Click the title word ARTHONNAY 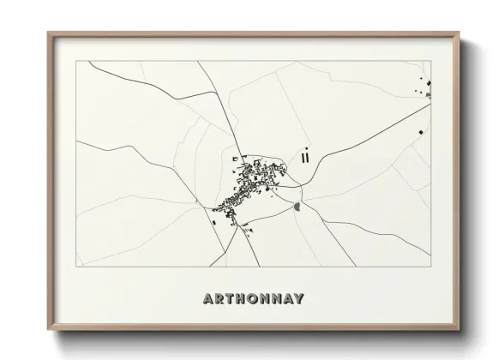click(x=254, y=300)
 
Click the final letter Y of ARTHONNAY click(x=299, y=300)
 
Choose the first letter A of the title click(x=208, y=300)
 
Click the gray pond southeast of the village click(x=297, y=207)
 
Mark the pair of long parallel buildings click(x=304, y=157)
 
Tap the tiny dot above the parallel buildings click(x=305, y=147)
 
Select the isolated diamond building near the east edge click(x=422, y=132)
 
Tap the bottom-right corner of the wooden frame click(x=460, y=330)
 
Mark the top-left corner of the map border click(x=76, y=61)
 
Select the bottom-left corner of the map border click(x=76, y=267)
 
